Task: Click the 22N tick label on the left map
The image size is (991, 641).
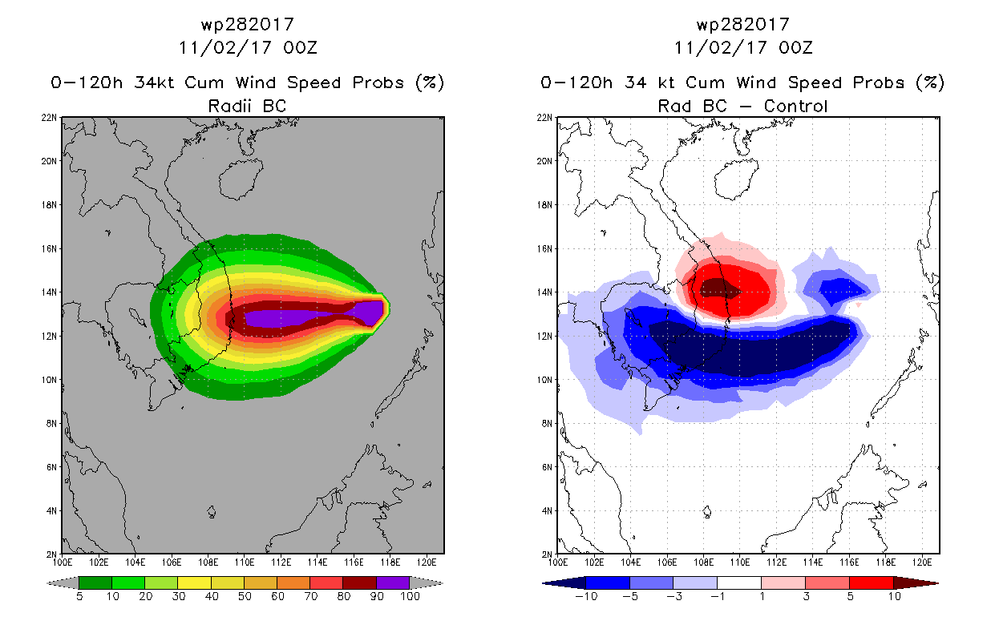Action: click(x=49, y=118)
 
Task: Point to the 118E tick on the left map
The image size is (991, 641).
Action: click(x=390, y=562)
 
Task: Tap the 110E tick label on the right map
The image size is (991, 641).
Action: click(x=740, y=562)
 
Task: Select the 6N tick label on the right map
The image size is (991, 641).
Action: click(x=547, y=467)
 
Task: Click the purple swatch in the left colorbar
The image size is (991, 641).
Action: click(x=393, y=583)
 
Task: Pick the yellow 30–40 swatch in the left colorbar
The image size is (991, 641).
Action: click(x=194, y=583)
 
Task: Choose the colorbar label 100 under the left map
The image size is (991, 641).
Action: click(x=410, y=596)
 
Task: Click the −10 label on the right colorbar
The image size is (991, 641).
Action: click(x=586, y=596)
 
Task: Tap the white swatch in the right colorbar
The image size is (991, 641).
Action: click(x=738, y=583)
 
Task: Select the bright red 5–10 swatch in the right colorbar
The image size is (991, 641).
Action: click(x=871, y=583)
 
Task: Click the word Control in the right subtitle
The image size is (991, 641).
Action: click(x=795, y=106)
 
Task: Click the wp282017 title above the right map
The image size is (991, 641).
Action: click(x=743, y=25)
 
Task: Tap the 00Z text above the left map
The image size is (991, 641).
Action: click(x=301, y=48)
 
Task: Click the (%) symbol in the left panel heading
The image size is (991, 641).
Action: click(x=430, y=83)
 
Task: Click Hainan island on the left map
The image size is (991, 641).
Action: click(x=241, y=179)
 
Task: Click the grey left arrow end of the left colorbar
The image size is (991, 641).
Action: click(x=63, y=583)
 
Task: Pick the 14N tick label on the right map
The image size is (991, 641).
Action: click(x=544, y=292)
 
